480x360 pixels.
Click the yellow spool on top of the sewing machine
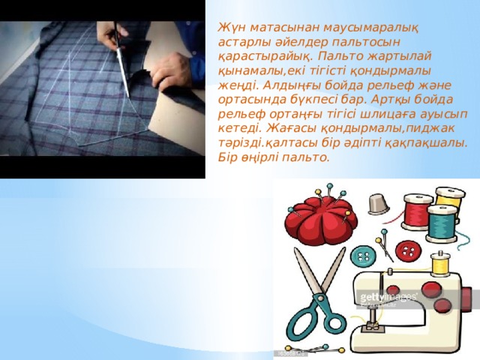click(x=442, y=263)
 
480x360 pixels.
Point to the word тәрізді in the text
click(x=238, y=142)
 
